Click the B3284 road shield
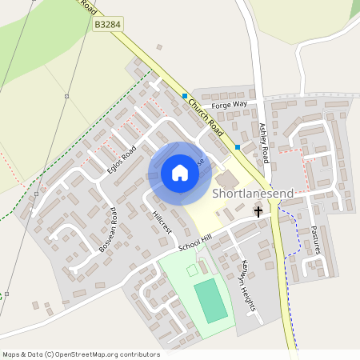107,26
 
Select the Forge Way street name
230,105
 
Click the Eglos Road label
122,159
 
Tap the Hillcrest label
162,222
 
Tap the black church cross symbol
258,211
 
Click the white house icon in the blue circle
180,173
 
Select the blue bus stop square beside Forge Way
185,97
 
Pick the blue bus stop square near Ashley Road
238,147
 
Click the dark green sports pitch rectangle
210,301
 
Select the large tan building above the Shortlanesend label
227,178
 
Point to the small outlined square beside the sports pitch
192,270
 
